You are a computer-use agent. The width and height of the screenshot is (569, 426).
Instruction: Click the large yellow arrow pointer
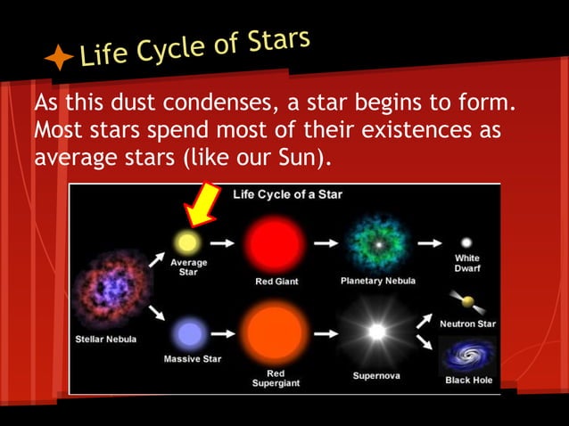pyautogui.click(x=202, y=204)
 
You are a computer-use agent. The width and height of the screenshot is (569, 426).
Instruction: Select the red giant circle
pyautogui.click(x=276, y=242)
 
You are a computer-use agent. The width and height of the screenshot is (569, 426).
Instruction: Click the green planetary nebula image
pyautogui.click(x=377, y=242)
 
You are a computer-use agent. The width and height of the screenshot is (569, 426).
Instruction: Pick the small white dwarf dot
pyautogui.click(x=466, y=242)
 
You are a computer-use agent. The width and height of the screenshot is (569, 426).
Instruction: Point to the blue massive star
pyautogui.click(x=189, y=334)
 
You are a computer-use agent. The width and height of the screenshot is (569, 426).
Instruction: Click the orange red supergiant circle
pyautogui.click(x=276, y=332)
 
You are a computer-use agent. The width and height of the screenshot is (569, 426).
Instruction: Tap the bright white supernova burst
pyautogui.click(x=377, y=332)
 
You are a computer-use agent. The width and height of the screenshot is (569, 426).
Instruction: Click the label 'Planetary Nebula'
pyautogui.click(x=378, y=281)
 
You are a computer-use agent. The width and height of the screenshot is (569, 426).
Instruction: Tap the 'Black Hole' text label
pyautogui.click(x=469, y=380)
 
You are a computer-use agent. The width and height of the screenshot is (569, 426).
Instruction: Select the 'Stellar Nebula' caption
pyautogui.click(x=106, y=340)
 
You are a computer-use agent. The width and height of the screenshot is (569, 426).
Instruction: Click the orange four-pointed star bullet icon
pyautogui.click(x=59, y=59)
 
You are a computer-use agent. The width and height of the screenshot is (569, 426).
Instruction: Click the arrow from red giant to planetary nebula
pyautogui.click(x=326, y=242)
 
